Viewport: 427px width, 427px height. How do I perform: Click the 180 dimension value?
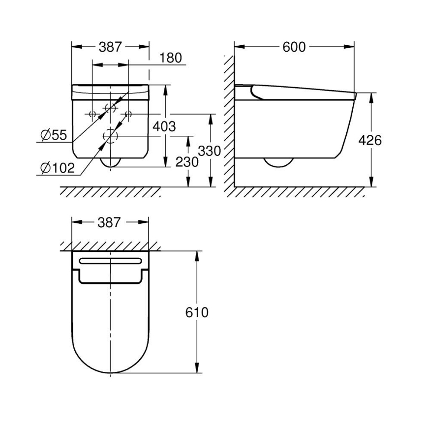coord(171,58)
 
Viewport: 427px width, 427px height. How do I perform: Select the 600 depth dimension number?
coord(294,47)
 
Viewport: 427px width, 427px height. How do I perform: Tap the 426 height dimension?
coord(370,140)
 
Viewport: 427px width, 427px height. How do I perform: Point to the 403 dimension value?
coord(164,126)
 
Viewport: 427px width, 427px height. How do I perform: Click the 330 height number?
coord(210,151)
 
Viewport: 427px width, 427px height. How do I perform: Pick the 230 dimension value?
coord(187,162)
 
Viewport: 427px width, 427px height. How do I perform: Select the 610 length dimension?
coord(197,312)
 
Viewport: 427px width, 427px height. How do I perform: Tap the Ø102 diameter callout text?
coord(58,168)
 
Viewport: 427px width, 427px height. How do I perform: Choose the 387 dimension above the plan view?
coord(110,223)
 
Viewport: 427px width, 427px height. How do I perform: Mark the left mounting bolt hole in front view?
coord(92,114)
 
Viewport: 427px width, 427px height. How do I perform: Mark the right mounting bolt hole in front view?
coord(128,114)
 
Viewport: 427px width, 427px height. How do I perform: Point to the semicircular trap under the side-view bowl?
coord(278,163)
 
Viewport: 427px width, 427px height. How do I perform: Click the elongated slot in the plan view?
coord(110,260)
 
